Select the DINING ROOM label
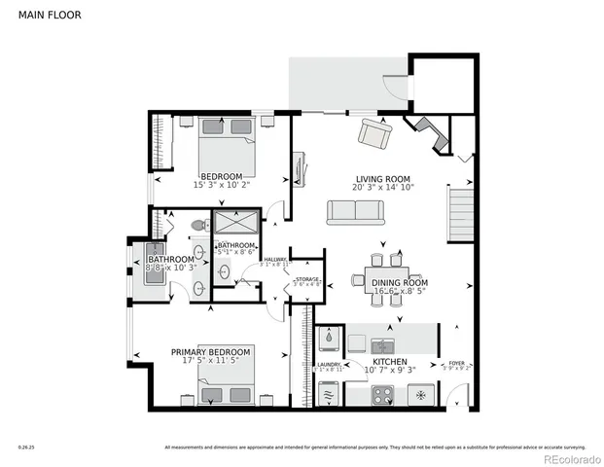400,283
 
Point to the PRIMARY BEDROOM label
211,351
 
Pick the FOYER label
456,362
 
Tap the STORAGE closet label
307,279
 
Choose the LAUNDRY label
328,365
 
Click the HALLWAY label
275,259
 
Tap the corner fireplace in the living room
428,132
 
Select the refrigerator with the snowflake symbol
421,395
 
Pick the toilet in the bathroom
198,226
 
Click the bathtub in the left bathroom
155,263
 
